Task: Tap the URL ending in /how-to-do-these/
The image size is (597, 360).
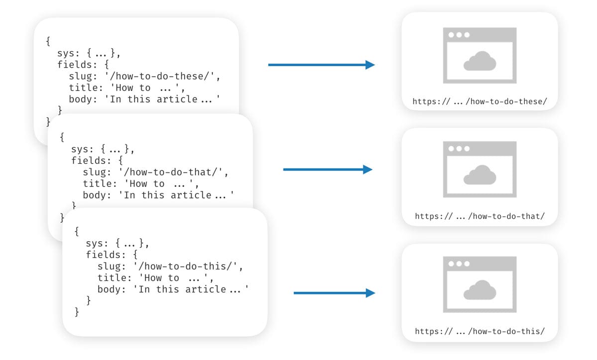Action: (480, 101)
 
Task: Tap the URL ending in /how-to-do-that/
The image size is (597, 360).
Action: (480, 216)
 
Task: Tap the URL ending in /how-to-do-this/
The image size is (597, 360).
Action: (480, 331)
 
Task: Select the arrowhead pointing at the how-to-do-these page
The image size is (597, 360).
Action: (370, 65)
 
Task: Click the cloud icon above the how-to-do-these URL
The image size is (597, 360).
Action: (480, 61)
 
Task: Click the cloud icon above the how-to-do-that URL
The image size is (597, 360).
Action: (480, 175)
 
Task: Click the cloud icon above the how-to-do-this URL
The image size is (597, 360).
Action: (480, 290)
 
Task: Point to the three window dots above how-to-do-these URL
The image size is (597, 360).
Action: (459, 35)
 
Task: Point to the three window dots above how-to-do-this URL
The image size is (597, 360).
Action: (459, 264)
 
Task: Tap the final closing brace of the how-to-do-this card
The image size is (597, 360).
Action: (76, 312)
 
